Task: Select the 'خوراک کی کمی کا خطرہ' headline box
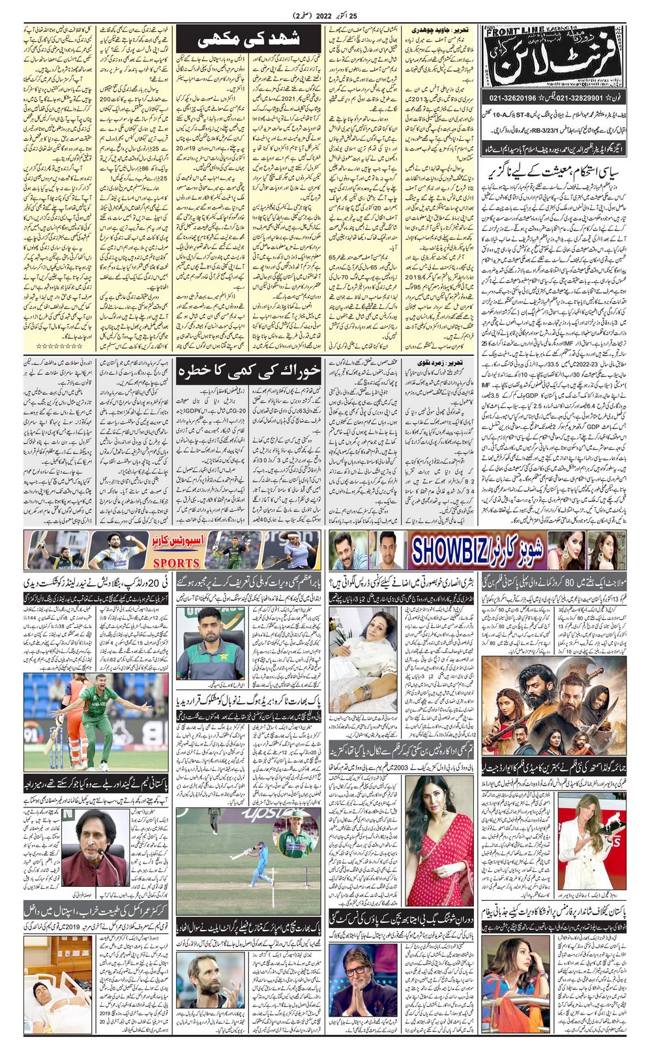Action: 249,370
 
